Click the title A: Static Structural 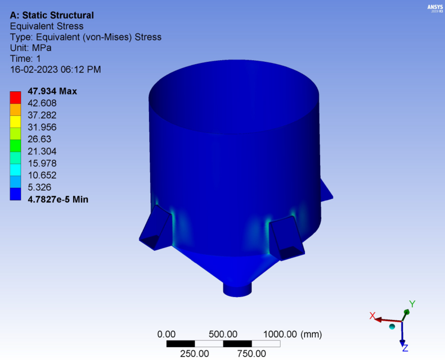click(x=52, y=15)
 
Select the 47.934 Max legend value click(x=52, y=91)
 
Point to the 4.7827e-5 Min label click(x=58, y=199)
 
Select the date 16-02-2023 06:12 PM click(x=56, y=70)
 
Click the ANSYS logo click(x=435, y=8)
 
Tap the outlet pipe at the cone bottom click(x=239, y=289)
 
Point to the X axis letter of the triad click(x=372, y=316)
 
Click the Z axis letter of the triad click(x=405, y=348)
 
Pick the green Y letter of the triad click(x=412, y=304)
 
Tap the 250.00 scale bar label click(x=195, y=353)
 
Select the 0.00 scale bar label click(x=167, y=334)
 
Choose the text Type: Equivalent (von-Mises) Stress click(x=86, y=37)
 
